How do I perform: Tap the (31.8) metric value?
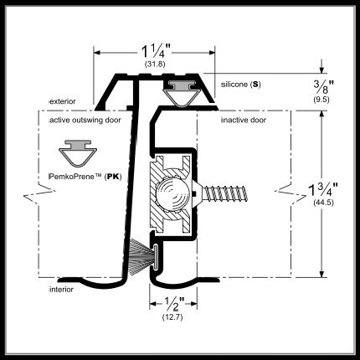point(155,64)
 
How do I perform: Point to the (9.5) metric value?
point(321,100)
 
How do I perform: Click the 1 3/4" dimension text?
point(322,190)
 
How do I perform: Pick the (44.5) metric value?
point(323,203)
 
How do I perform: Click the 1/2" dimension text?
point(174,304)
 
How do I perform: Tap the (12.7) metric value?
point(172,317)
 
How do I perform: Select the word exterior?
point(62,101)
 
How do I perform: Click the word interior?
point(61,290)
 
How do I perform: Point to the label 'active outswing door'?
point(85,120)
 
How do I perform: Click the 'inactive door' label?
point(244,120)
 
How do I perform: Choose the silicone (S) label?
point(241,85)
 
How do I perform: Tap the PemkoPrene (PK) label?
point(85,177)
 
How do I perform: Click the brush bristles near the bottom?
point(141,254)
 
